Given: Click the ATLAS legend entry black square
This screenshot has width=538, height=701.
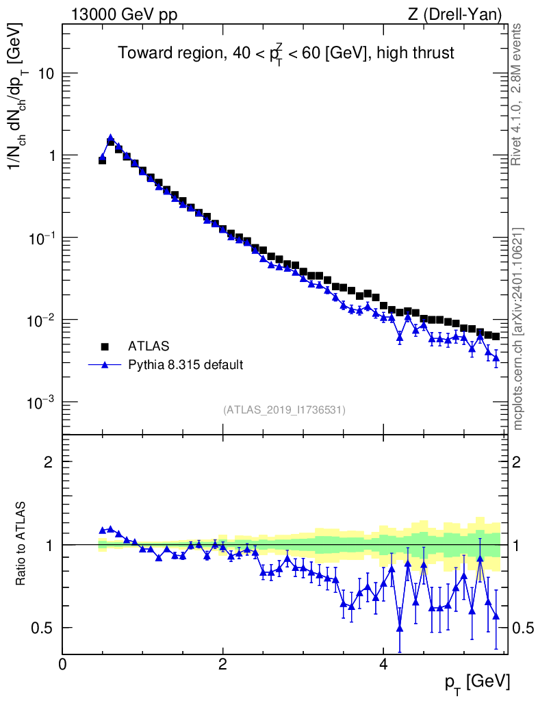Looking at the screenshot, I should click(105, 346).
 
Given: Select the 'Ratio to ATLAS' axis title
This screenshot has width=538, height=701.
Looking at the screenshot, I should click(22, 544).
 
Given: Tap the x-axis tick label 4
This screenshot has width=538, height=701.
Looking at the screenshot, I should click(383, 665).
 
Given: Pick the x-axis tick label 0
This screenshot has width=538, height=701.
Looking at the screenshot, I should click(62, 665).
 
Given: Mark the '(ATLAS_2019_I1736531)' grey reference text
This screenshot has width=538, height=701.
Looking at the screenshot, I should click(284, 410).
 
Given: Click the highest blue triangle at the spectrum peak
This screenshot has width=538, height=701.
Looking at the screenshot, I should click(110, 138).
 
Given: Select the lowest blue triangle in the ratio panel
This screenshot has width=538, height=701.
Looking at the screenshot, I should click(400, 628).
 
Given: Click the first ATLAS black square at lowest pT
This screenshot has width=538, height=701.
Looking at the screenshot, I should click(102, 160).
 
